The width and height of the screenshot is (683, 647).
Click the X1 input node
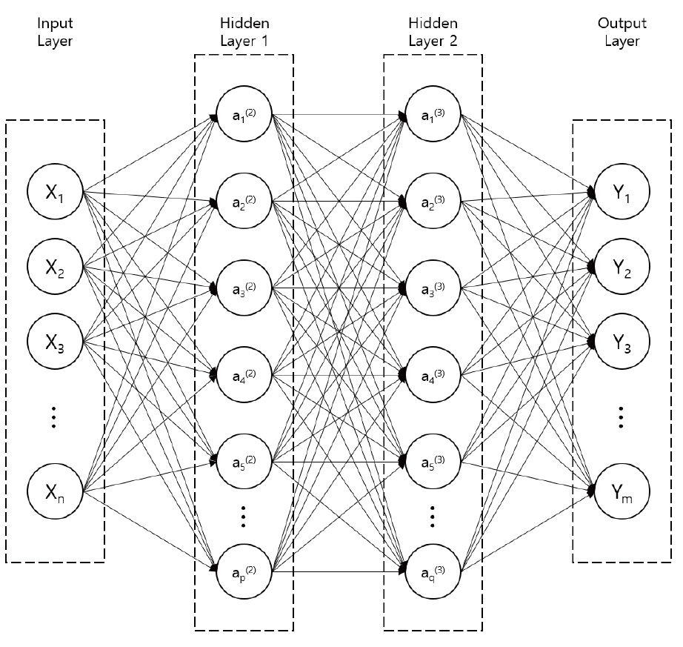coord(55,191)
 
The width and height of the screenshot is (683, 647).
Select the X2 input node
coord(55,266)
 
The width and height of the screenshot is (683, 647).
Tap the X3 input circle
coord(55,341)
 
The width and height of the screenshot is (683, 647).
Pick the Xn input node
coord(55,491)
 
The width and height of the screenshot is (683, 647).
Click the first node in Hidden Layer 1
coord(244,114)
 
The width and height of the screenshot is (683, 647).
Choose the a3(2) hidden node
coord(244,288)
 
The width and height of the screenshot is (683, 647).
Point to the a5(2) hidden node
coord(244,461)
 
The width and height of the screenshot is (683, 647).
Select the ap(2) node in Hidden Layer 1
coord(244,571)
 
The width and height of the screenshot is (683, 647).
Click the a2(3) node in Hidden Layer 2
coord(433,201)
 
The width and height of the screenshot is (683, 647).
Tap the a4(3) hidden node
coord(433,374)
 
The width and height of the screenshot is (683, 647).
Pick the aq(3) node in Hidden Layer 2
coord(433,571)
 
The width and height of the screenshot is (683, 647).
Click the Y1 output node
coord(622,191)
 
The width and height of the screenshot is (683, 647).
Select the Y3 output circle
coord(622,341)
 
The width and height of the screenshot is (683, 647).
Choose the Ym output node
coord(622,491)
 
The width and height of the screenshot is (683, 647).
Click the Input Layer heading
coord(55,32)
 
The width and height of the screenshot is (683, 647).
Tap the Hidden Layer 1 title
coord(244,32)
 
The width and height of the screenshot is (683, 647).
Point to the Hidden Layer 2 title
coord(433,32)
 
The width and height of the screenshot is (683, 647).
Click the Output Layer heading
coord(622,32)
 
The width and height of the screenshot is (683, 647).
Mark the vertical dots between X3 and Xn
coord(53,417)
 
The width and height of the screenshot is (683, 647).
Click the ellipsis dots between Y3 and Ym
coord(621,417)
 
